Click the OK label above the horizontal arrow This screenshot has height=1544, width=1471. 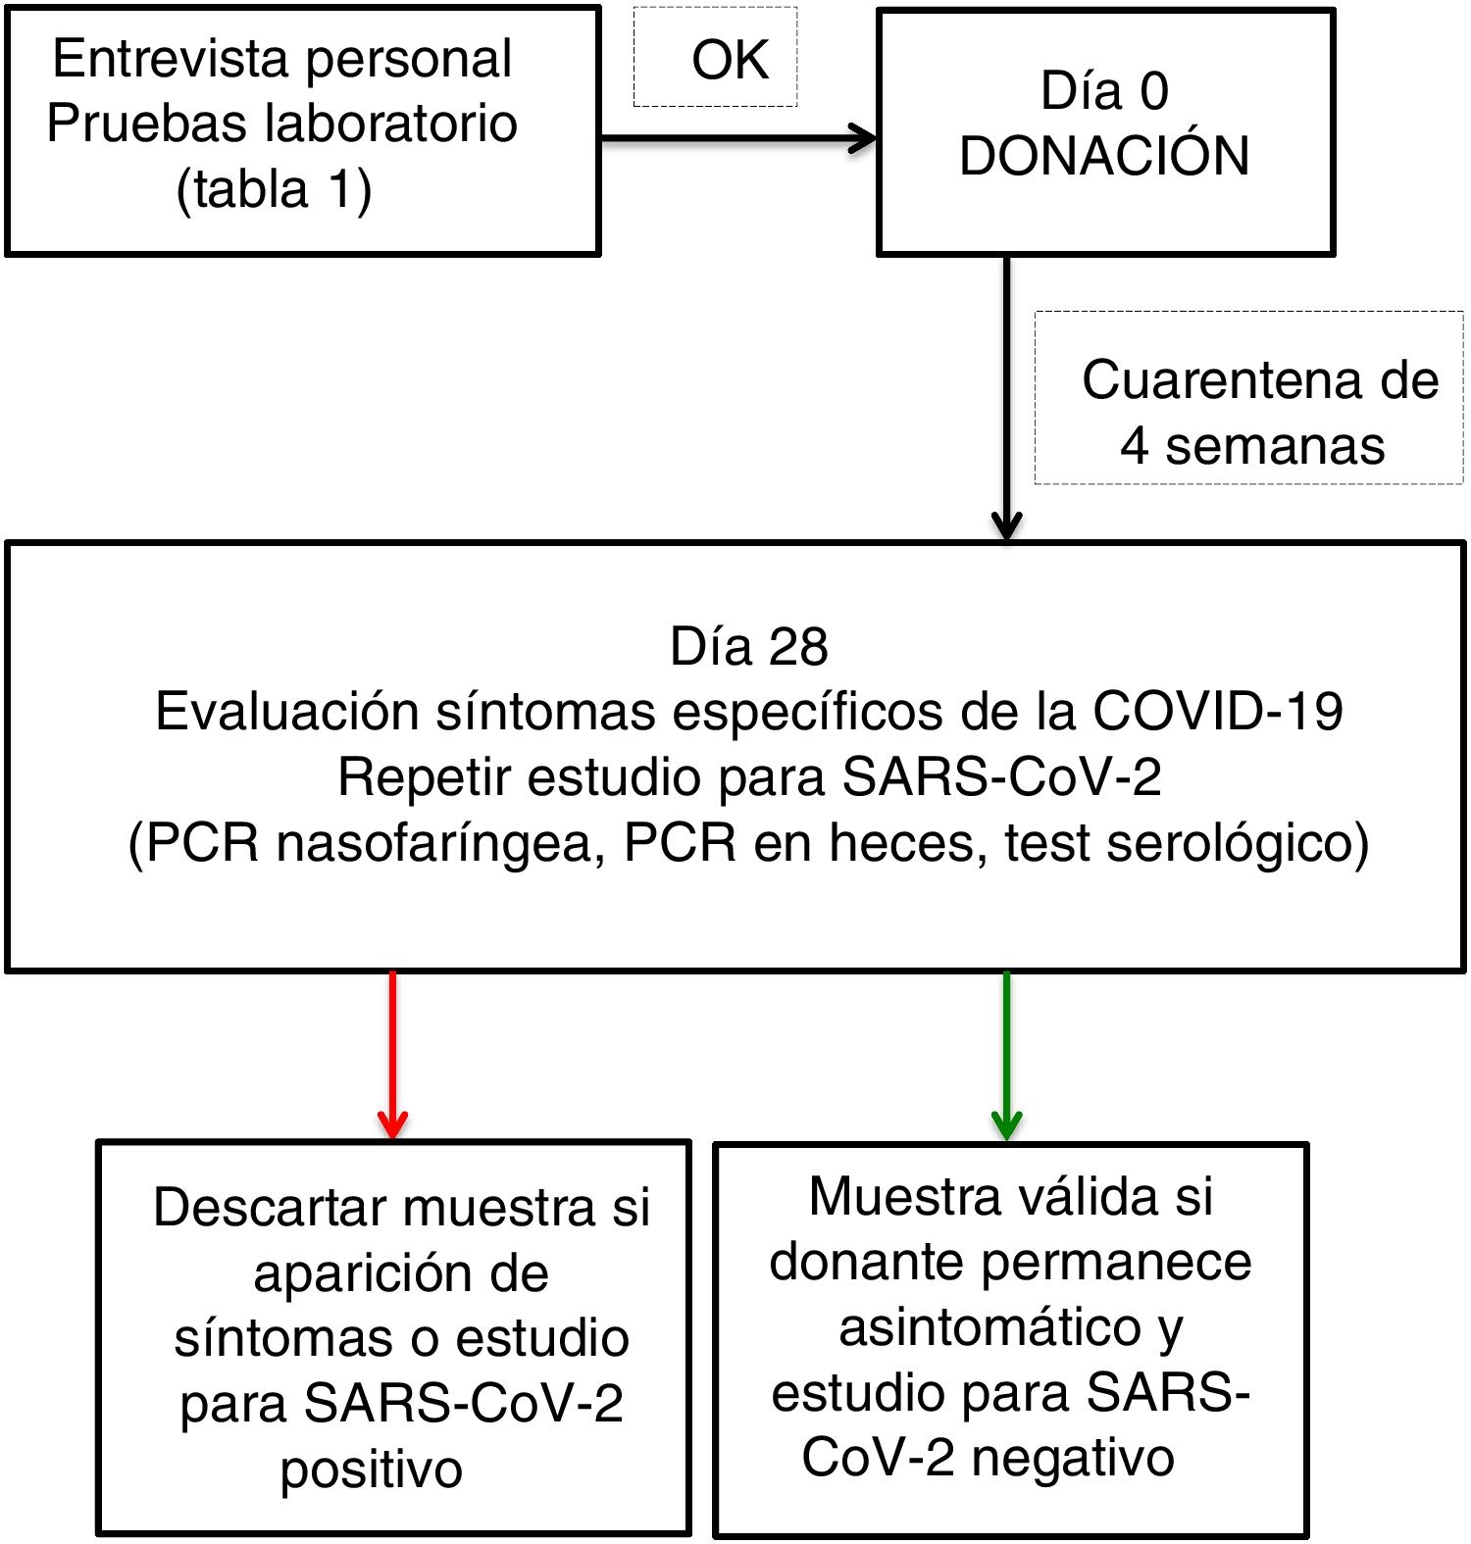(x=730, y=61)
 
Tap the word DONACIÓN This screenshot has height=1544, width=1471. (x=1104, y=156)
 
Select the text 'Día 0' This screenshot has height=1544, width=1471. (x=1104, y=91)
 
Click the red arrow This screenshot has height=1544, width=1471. (x=392, y=1054)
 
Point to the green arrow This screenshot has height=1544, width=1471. (x=1006, y=1054)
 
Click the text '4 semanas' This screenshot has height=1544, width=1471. (x=1252, y=446)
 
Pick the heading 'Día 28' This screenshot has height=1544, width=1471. (x=749, y=647)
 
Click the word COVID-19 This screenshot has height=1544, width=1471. (x=1217, y=712)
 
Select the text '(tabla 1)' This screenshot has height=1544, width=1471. (x=274, y=189)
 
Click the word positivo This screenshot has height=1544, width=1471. (x=371, y=1469)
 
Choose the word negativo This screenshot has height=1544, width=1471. (x=1072, y=1458)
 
